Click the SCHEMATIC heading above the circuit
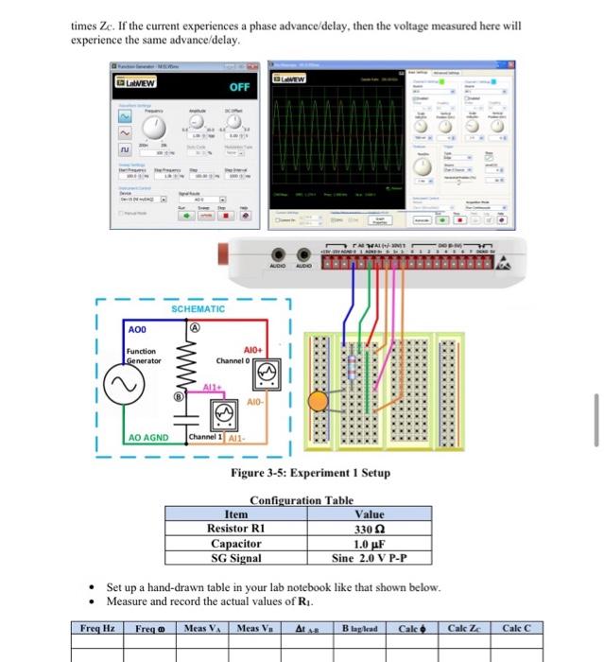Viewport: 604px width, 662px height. click(198, 309)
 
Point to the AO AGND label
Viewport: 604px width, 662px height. click(147, 439)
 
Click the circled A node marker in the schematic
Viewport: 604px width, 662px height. click(196, 327)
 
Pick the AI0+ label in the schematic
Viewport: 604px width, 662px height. click(257, 348)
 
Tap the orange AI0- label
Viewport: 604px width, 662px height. click(252, 403)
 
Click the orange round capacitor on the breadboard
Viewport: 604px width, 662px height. click(319, 402)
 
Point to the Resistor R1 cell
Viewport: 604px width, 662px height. click(235, 529)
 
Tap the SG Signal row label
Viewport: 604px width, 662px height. click(235, 558)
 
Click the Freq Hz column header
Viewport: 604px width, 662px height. click(97, 629)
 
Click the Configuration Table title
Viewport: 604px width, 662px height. click(302, 500)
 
